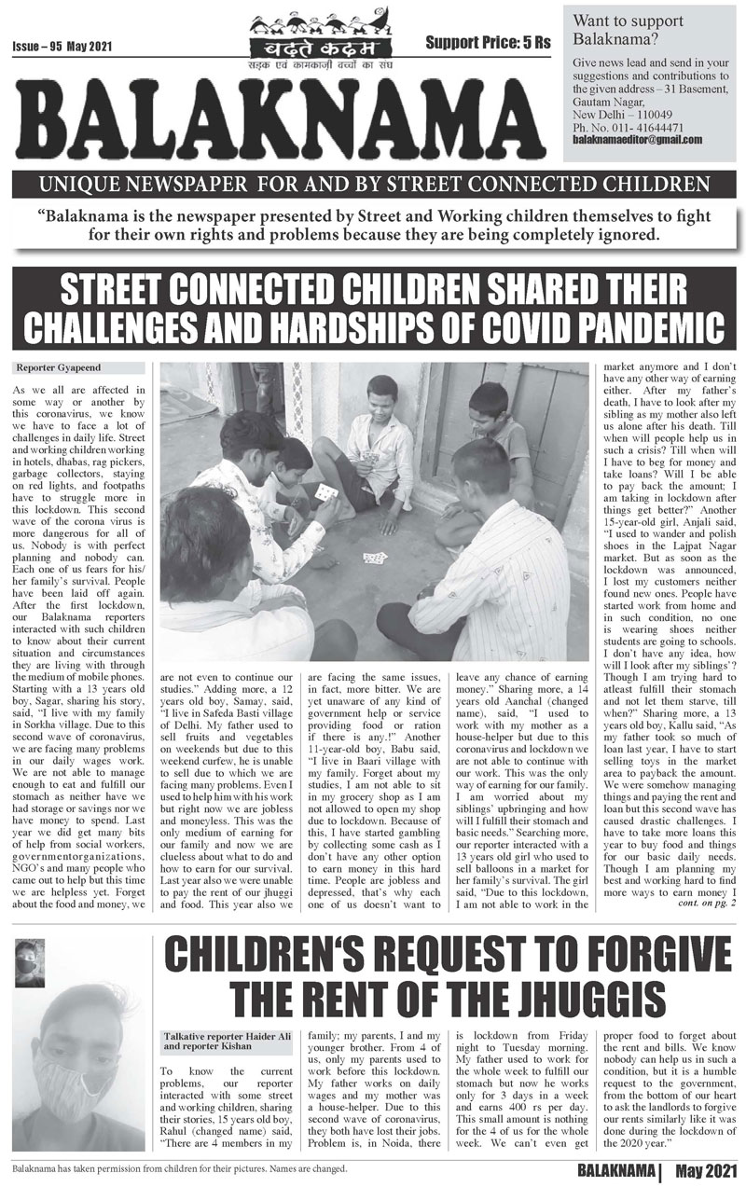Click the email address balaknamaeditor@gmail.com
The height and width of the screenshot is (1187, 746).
coord(638,139)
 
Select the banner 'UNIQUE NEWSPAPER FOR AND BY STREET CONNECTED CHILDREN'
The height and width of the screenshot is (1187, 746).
coord(372,184)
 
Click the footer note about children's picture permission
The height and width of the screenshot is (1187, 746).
coord(177,1166)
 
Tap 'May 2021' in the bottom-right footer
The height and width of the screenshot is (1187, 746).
coord(705,1169)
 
